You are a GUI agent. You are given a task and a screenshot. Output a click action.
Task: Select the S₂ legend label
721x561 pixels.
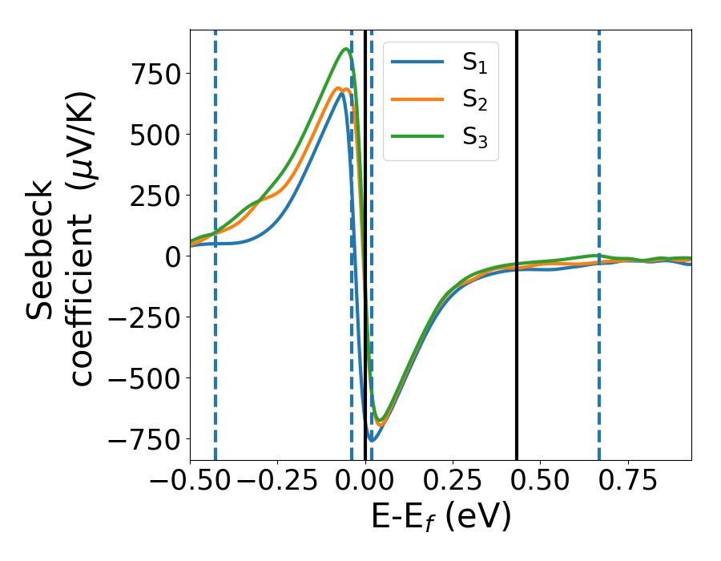click(x=474, y=102)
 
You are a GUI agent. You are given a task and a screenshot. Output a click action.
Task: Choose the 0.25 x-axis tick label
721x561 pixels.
click(x=453, y=481)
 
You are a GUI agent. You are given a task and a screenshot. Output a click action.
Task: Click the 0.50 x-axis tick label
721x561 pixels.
click(x=540, y=481)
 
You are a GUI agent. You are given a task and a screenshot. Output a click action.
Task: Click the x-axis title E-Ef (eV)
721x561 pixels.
click(x=441, y=518)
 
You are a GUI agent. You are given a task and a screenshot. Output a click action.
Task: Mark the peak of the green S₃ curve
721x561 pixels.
click(x=346, y=49)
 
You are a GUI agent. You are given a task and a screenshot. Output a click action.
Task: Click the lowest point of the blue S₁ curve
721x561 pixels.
click(x=372, y=440)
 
